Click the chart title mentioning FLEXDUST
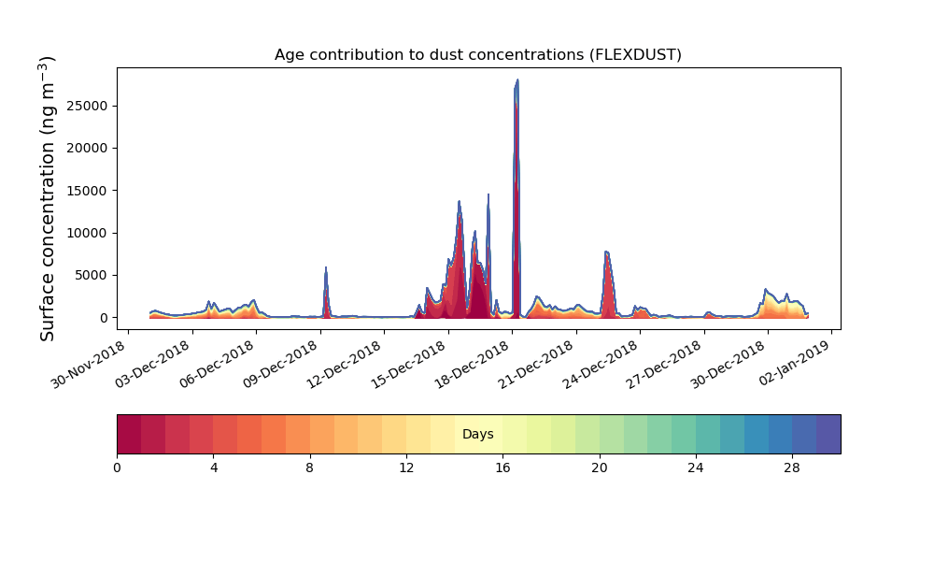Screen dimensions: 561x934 [x=477, y=54]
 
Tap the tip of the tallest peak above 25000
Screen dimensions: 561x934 [x=517, y=80]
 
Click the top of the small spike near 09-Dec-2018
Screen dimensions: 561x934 [x=326, y=268]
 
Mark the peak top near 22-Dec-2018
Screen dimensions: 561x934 [x=607, y=252]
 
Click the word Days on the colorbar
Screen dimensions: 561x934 [x=477, y=434]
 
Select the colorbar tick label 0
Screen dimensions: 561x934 [x=117, y=467]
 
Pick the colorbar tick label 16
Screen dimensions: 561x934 [x=502, y=467]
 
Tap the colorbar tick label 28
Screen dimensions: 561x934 [x=792, y=467]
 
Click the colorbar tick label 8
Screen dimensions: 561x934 [x=310, y=467]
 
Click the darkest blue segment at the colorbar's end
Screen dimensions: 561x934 [x=828, y=434]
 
